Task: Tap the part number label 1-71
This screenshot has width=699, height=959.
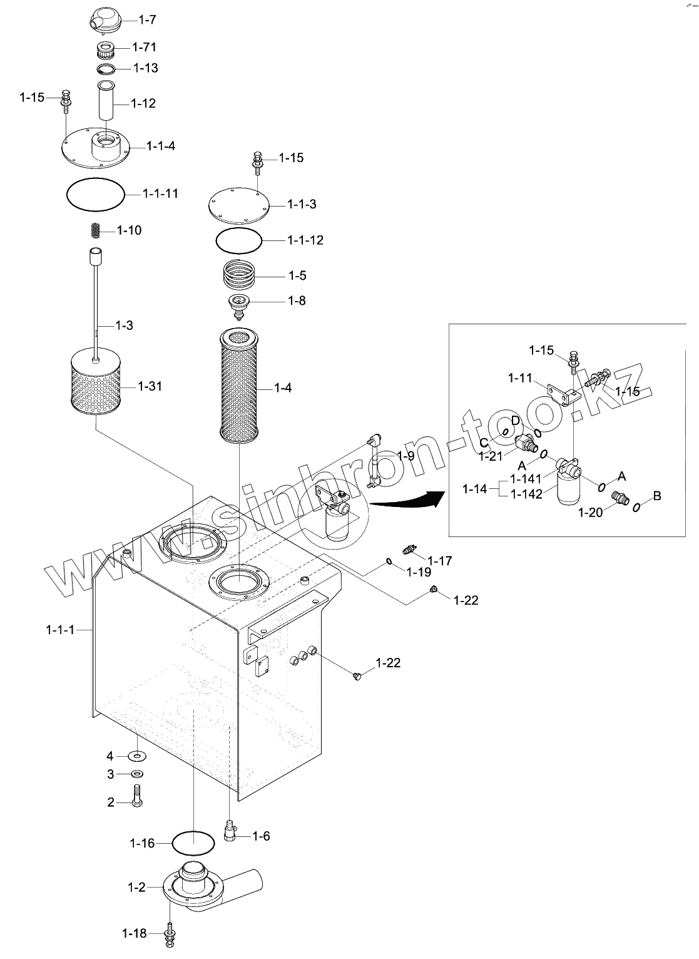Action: pos(144,47)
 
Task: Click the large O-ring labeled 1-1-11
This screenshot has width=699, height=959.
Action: pos(95,195)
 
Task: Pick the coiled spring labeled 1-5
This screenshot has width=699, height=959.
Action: pos(241,275)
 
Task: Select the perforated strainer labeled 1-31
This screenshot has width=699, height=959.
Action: pos(95,385)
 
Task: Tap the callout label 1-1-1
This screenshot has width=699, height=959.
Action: pos(60,629)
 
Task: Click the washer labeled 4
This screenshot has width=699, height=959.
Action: pos(137,756)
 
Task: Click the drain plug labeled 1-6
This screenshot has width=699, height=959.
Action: pos(230,833)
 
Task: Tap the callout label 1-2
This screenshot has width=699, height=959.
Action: pos(136,887)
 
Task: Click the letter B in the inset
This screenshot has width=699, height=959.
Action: pos(656,496)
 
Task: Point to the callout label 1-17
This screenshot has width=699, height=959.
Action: pos(440,560)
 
